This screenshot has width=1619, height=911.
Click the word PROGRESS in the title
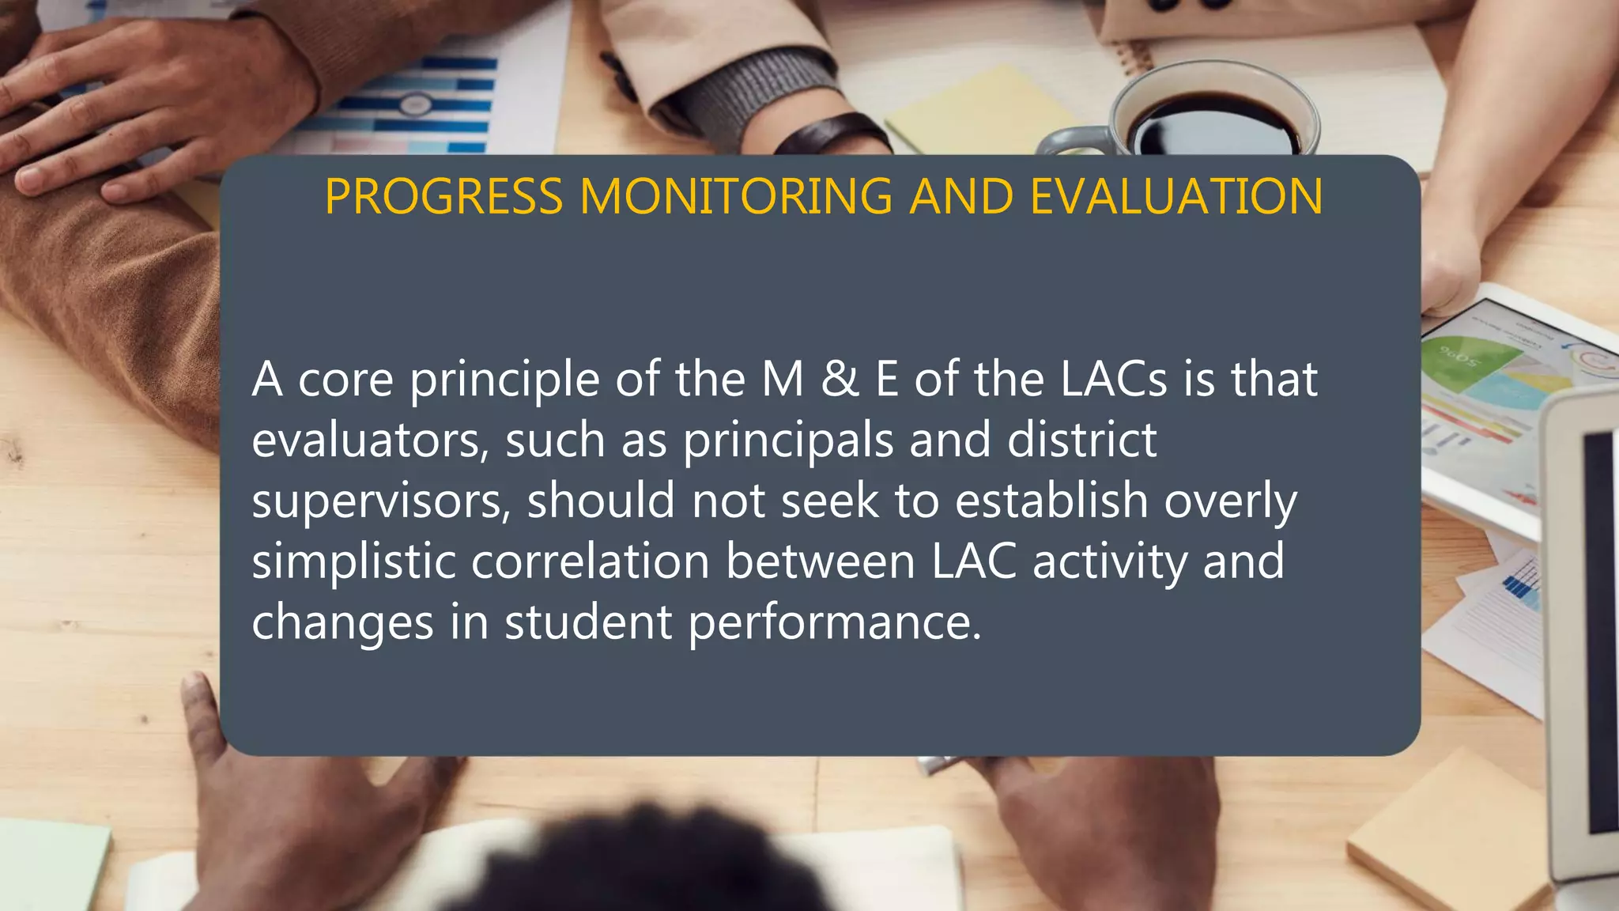pyautogui.click(x=443, y=197)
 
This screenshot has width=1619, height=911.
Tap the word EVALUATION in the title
pyautogui.click(x=1176, y=197)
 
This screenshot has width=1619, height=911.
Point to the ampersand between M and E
pyautogui.click(x=840, y=380)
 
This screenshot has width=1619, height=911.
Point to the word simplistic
pyautogui.click(x=353, y=561)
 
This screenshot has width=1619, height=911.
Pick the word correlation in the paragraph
pyautogui.click(x=591, y=561)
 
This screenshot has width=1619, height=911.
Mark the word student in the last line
pyautogui.click(x=588, y=622)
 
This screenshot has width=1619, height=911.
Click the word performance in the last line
pyautogui.click(x=834, y=622)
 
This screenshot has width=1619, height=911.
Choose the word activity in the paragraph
pyautogui.click(x=1109, y=561)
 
